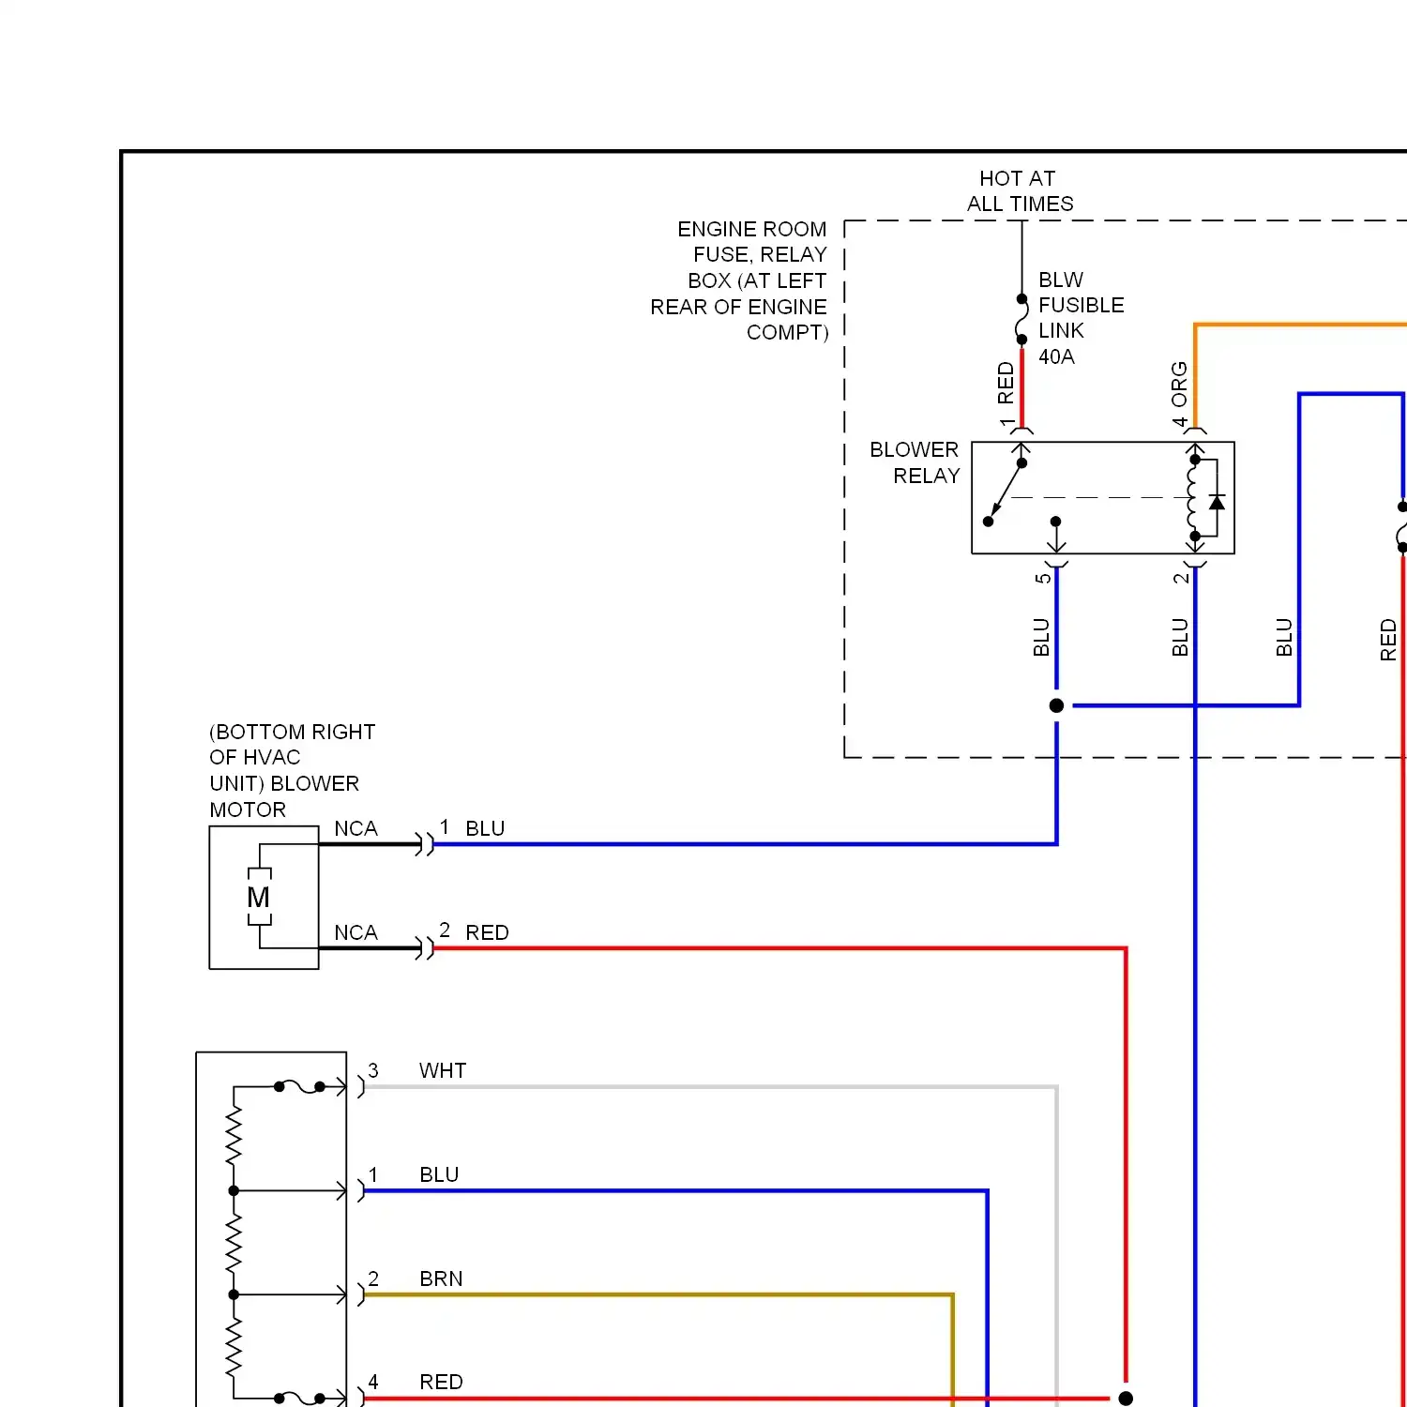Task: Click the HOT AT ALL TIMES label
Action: coord(1020,191)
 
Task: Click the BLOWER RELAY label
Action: coord(915,462)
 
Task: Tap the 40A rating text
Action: coord(1056,356)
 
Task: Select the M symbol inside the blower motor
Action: coord(258,898)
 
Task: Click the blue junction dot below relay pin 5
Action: coord(1056,705)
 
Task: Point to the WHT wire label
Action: coord(443,1070)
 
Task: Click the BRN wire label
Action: coord(441,1278)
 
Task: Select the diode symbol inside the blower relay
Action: coord(1217,503)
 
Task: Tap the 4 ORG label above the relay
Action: coord(1179,394)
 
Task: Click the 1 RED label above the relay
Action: coord(1006,394)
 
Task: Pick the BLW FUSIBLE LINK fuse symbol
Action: coord(1022,320)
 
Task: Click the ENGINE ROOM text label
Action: coord(752,229)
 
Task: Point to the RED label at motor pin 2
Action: coord(487,932)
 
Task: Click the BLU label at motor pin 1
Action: coord(485,828)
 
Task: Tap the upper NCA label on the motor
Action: coord(356,828)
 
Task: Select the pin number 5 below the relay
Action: coord(1042,578)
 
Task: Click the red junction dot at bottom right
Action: coord(1126,1399)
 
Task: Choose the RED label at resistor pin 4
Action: coord(441,1382)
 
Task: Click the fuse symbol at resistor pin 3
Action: coord(299,1086)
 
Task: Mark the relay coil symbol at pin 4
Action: coord(1193,497)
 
